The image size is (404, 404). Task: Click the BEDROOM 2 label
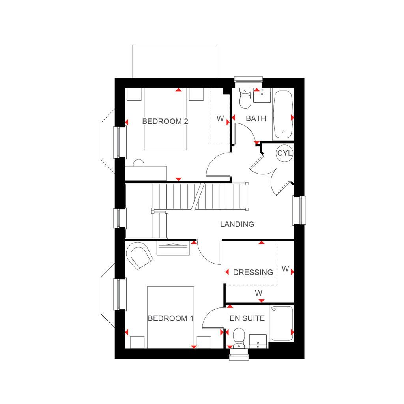click(165, 121)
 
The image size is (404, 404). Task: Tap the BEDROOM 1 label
click(170, 318)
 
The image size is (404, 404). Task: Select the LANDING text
click(237, 224)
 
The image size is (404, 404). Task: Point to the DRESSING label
click(253, 272)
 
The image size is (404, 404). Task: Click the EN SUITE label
click(247, 318)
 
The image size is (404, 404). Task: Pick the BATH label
click(256, 118)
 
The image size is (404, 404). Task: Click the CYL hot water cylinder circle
click(284, 153)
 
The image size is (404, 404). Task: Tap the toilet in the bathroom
click(245, 98)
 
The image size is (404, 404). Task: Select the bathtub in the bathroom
click(283, 115)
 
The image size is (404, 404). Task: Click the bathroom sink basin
click(262, 95)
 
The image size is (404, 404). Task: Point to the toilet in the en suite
click(239, 338)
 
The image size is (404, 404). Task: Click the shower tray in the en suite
click(282, 324)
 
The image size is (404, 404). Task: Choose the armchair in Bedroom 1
click(139, 255)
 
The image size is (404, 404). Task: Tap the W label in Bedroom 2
click(220, 118)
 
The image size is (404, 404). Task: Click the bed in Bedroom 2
click(165, 119)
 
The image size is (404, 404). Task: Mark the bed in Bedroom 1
click(170, 318)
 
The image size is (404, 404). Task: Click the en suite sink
click(258, 341)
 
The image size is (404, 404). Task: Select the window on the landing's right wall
click(299, 210)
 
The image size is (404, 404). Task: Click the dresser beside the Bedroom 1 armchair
click(173, 248)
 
